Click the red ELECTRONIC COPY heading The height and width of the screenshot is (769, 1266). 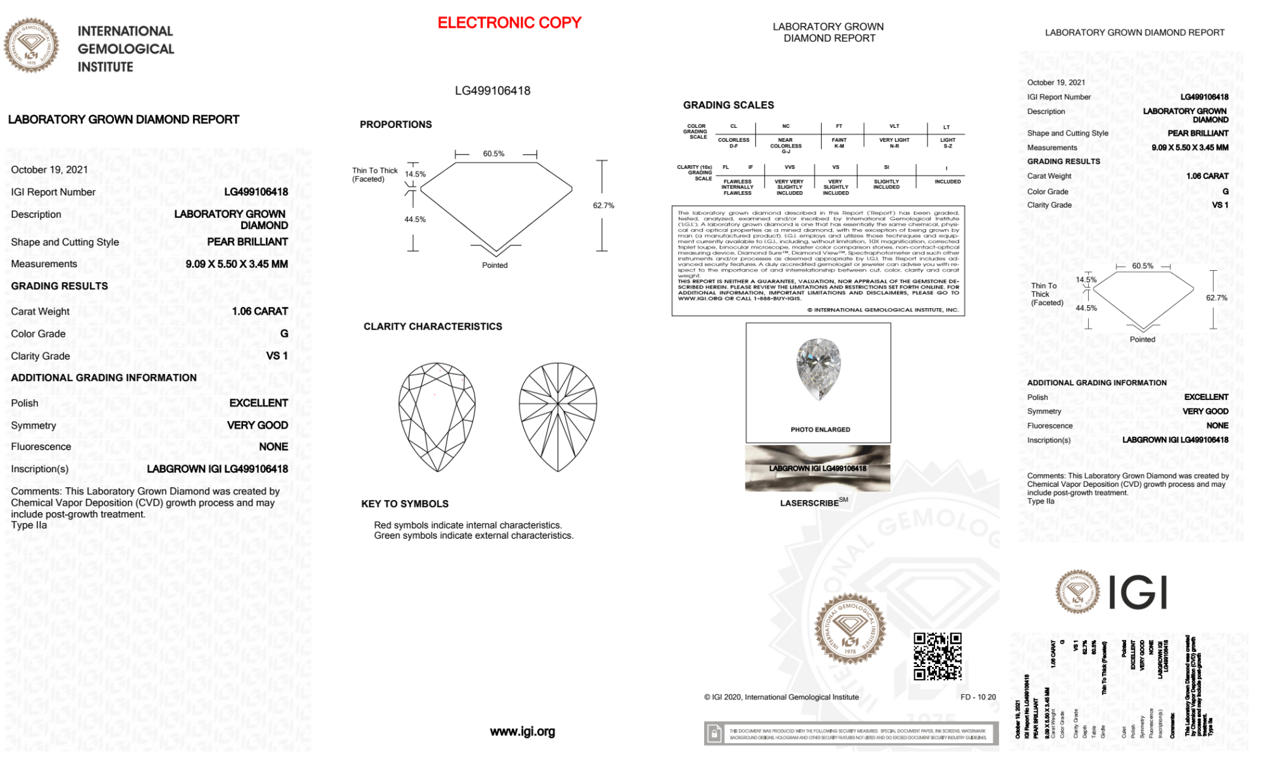(x=509, y=23)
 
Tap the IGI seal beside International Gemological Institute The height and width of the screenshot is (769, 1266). (x=31, y=46)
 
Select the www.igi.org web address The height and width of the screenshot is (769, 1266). (x=523, y=732)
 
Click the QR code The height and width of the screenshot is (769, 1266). (x=938, y=656)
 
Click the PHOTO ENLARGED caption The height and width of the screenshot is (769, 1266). (x=820, y=430)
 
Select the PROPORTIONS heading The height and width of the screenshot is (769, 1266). (x=396, y=125)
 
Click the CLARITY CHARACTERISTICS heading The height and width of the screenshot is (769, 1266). (x=433, y=327)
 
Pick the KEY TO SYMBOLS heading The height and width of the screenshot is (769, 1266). (x=405, y=504)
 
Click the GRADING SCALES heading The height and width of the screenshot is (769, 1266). (x=728, y=105)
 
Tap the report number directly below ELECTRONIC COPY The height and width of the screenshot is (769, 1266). (x=493, y=91)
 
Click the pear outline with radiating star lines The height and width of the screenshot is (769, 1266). (x=557, y=417)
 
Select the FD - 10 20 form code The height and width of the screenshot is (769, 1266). (x=977, y=697)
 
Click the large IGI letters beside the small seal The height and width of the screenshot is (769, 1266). (x=1139, y=593)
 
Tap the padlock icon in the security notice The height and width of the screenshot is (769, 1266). (x=714, y=734)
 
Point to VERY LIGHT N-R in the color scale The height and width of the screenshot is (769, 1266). (x=894, y=143)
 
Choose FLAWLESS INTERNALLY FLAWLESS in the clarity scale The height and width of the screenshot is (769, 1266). (x=737, y=187)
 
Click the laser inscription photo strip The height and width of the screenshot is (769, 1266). (x=817, y=469)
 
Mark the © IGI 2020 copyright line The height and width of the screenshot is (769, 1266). (x=781, y=697)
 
